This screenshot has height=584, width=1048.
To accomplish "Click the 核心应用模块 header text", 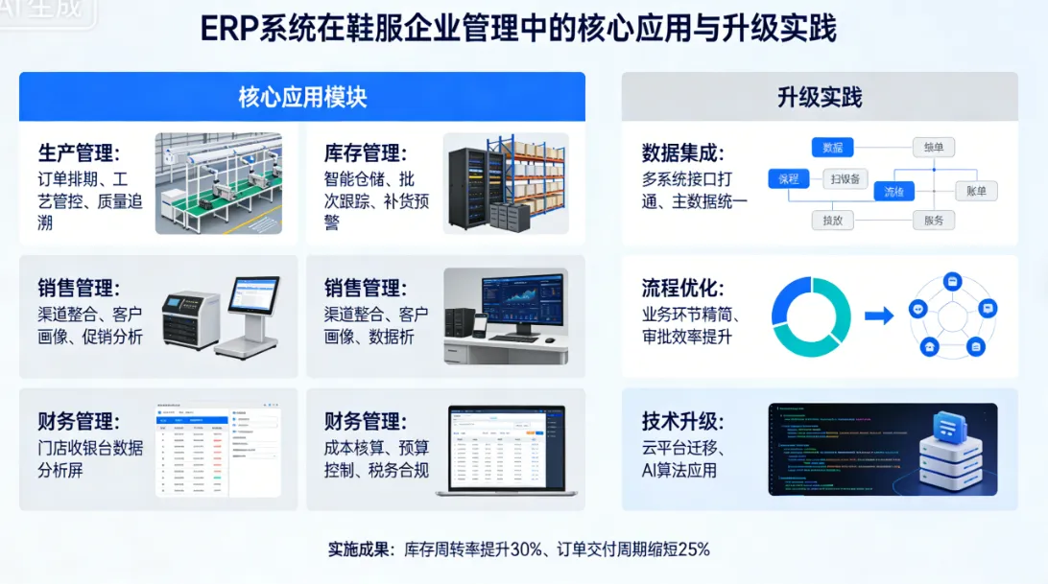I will (x=302, y=97).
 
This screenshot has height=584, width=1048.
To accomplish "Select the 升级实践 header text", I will (x=819, y=97).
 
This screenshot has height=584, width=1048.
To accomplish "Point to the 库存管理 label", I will (x=365, y=153).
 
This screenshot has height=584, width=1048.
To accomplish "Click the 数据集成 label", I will (x=682, y=153).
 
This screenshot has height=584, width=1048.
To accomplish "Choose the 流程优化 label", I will (x=682, y=289).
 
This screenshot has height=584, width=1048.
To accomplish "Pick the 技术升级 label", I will (x=682, y=422).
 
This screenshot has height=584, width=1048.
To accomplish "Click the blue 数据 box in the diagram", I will (x=832, y=147).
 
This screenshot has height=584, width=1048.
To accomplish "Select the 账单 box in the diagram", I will (x=976, y=191).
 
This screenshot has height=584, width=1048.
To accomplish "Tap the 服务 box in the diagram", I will (x=933, y=220).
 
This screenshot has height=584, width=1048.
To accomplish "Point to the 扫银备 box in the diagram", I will (x=846, y=178).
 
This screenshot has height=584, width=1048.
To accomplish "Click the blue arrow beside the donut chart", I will (x=879, y=315).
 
